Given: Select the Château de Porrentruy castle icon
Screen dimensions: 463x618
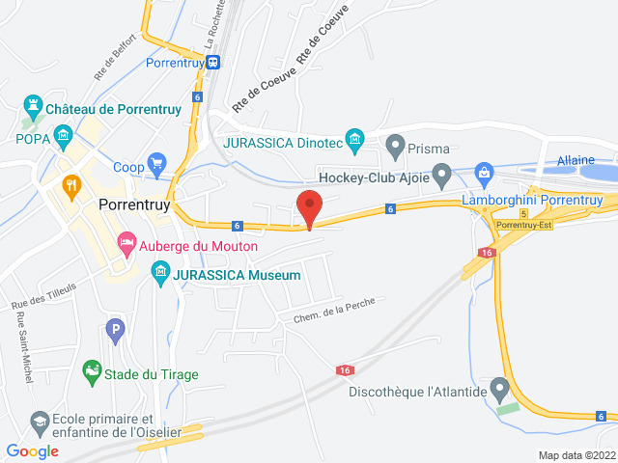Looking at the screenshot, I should pyautogui.click(x=33, y=103).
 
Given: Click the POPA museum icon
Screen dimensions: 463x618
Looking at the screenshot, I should pyautogui.click(x=64, y=134).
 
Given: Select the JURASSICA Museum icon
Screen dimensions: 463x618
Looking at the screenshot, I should pyautogui.click(x=161, y=275).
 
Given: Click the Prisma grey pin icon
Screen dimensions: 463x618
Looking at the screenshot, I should pyautogui.click(x=394, y=148).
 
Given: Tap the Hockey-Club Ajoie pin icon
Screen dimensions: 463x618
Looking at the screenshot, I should pyautogui.click(x=442, y=176).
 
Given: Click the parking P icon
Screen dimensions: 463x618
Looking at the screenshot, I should pyautogui.click(x=115, y=331).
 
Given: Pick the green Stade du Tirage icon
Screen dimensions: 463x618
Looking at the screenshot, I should pyautogui.click(x=92, y=371).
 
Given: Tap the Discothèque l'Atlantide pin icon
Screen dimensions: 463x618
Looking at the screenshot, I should pyautogui.click(x=499, y=390).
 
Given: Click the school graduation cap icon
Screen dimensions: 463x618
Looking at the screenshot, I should pyautogui.click(x=40, y=422).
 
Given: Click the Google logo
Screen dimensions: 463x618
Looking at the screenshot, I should pyautogui.click(x=32, y=450).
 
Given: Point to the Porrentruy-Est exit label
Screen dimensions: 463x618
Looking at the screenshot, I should pyautogui.click(x=522, y=225).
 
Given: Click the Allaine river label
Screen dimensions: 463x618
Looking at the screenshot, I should pyautogui.click(x=576, y=160).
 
